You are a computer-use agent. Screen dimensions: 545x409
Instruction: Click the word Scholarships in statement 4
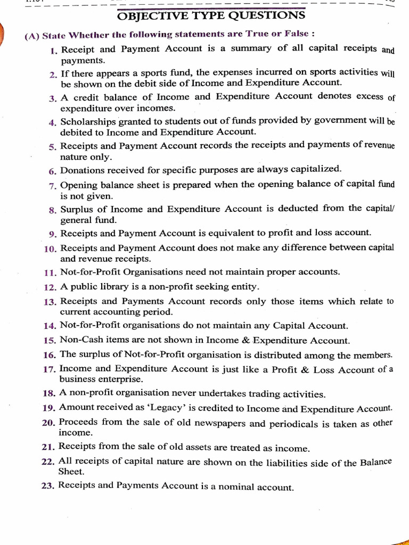click(87, 121)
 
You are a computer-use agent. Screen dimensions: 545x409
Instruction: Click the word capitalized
click(314, 169)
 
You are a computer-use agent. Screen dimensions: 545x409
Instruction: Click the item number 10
click(51, 249)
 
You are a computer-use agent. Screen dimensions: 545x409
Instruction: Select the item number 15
click(50, 340)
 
